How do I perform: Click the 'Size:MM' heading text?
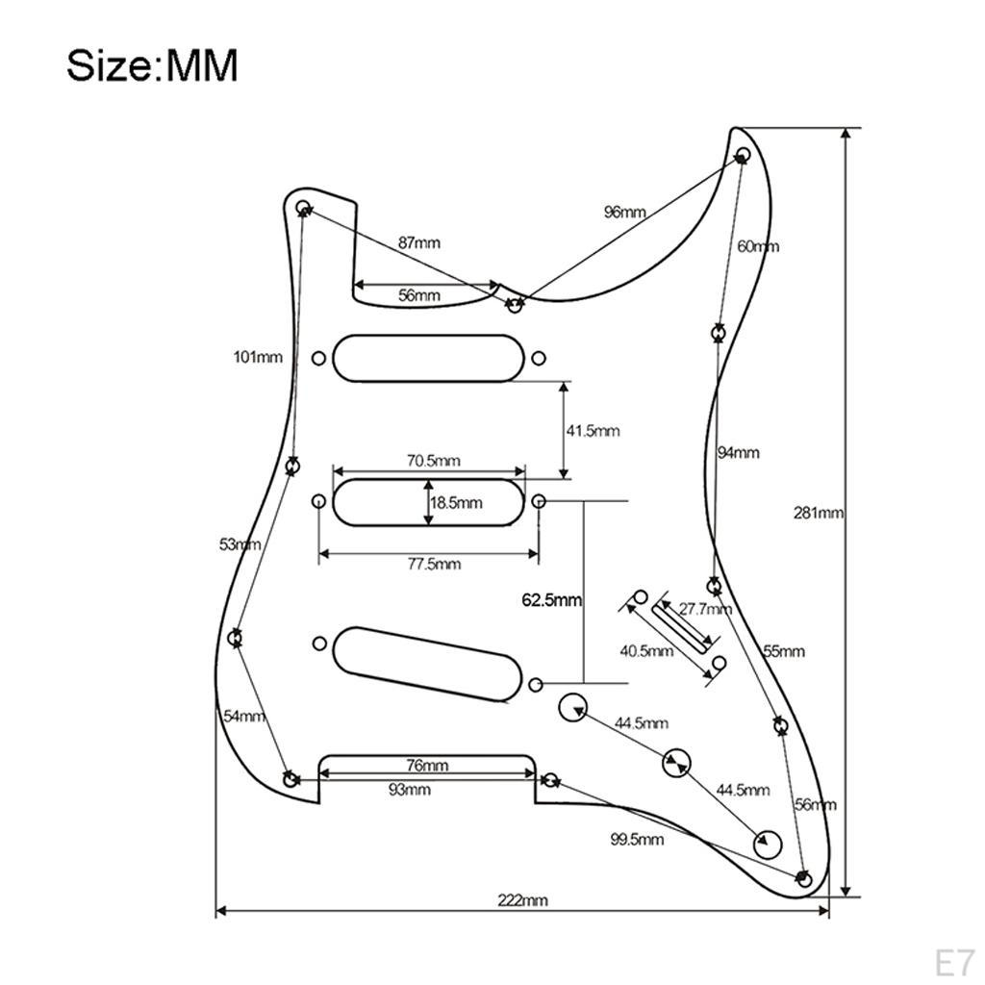pyautogui.click(x=152, y=65)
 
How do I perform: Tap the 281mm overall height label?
pyautogui.click(x=818, y=514)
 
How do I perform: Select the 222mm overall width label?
pyautogui.click(x=522, y=900)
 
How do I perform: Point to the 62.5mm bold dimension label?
pyautogui.click(x=551, y=600)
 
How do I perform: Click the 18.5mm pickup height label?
pyautogui.click(x=456, y=502)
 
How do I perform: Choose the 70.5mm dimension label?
pyautogui.click(x=434, y=461)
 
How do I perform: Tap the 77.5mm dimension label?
pyautogui.click(x=434, y=564)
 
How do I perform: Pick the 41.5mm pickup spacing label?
pyautogui.click(x=593, y=431)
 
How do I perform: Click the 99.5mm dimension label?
pyautogui.click(x=637, y=839)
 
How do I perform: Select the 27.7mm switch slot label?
pyautogui.click(x=705, y=609)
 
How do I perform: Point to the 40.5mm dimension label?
pyautogui.click(x=646, y=651)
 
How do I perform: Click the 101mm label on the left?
pyautogui.click(x=258, y=358)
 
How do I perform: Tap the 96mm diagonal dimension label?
pyautogui.click(x=625, y=213)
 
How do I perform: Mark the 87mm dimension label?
pyautogui.click(x=419, y=242)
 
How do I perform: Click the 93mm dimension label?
pyautogui.click(x=410, y=789)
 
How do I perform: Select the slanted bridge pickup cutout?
pyautogui.click(x=427, y=664)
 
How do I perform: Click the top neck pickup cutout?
pyautogui.click(x=428, y=358)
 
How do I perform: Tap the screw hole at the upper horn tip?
pyautogui.click(x=743, y=155)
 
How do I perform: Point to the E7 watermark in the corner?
pyautogui.click(x=954, y=962)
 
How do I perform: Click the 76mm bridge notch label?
pyautogui.click(x=427, y=765)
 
